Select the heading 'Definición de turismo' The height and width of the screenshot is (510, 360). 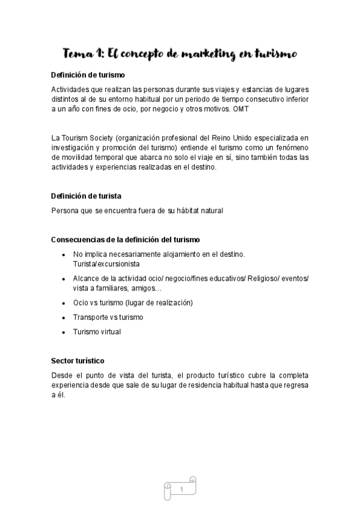click(x=88, y=75)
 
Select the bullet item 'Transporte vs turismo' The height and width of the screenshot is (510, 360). click(x=108, y=317)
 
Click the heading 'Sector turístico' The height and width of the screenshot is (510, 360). click(x=78, y=361)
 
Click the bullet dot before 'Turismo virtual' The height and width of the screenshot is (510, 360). click(x=64, y=332)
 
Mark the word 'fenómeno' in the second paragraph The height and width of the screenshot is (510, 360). click(x=291, y=149)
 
